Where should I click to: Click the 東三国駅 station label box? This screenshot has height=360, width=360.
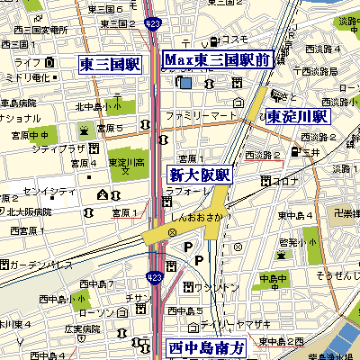110,64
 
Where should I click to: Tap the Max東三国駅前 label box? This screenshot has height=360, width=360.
219,60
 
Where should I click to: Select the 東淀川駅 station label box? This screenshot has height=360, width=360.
299,116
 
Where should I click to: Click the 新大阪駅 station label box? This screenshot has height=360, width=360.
200,175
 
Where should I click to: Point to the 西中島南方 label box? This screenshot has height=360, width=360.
206,347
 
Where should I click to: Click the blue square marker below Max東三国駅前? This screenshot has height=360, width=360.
184,83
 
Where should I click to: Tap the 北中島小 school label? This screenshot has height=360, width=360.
97,107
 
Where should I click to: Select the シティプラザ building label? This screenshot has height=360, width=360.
64,147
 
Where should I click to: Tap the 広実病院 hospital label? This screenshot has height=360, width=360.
56,329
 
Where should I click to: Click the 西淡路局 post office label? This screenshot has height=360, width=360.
319,71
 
